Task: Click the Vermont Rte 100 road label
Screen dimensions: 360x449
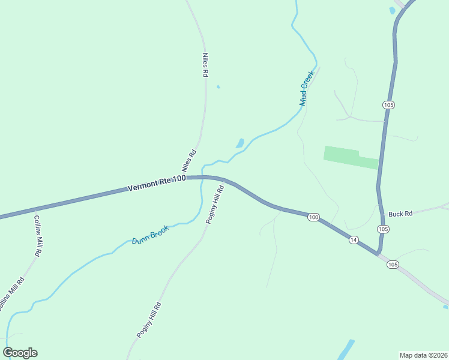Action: coord(157,184)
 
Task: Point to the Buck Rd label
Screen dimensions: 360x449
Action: coord(400,214)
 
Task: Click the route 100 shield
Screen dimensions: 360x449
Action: coord(313,217)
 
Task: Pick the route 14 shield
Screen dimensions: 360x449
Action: coord(354,240)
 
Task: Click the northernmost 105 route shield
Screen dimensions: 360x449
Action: coord(388,105)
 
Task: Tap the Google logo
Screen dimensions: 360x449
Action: coord(20,353)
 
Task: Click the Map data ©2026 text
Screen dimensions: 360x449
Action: coord(423,355)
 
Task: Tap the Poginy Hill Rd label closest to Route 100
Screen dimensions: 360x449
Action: coord(215,205)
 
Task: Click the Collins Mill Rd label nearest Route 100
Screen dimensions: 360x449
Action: coord(37,236)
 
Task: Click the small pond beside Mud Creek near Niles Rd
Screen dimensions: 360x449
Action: coord(240,143)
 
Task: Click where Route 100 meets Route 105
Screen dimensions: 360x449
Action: coord(379,254)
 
